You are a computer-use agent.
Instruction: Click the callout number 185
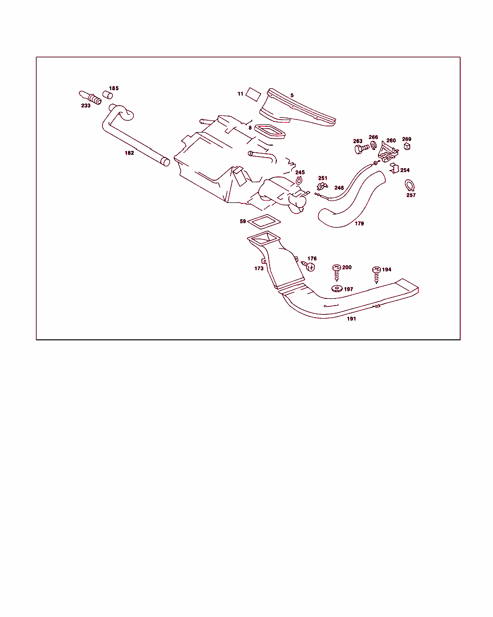click(x=114, y=88)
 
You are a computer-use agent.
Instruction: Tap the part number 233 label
click(x=86, y=106)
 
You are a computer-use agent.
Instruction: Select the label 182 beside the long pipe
click(x=129, y=153)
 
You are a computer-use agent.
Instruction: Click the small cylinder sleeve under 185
click(x=107, y=95)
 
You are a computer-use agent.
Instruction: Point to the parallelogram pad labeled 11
click(x=253, y=94)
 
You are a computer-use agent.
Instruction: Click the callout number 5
click(x=292, y=95)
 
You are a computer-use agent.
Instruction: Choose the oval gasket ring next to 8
click(x=270, y=132)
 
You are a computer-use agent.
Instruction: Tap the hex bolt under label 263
click(x=362, y=149)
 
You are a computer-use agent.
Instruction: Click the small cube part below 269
click(x=407, y=147)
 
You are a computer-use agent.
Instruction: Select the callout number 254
click(x=405, y=170)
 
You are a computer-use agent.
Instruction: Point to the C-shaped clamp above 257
click(x=410, y=185)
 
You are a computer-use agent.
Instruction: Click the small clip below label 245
click(x=299, y=180)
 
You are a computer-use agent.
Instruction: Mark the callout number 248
click(x=339, y=188)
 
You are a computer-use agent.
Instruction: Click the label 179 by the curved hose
click(x=359, y=223)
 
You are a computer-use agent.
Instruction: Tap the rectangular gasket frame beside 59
click(x=264, y=222)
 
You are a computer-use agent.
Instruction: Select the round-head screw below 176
click(x=309, y=267)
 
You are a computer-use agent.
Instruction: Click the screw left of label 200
click(x=337, y=273)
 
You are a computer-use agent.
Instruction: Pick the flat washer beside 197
click(x=337, y=289)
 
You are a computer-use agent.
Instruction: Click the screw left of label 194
click(x=376, y=275)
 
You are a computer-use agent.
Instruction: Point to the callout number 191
click(x=351, y=319)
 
